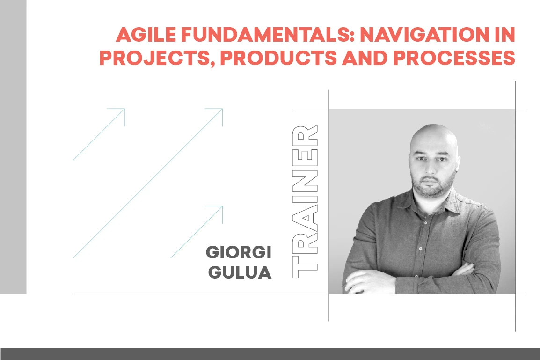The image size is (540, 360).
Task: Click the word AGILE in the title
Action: point(144,35)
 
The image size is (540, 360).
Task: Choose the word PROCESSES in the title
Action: point(453,58)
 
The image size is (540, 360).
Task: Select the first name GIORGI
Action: point(239,253)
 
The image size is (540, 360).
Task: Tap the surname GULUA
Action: point(240,272)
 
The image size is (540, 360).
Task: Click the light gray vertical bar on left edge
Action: point(13,147)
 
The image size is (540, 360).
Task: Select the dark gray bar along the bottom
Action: point(270,354)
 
